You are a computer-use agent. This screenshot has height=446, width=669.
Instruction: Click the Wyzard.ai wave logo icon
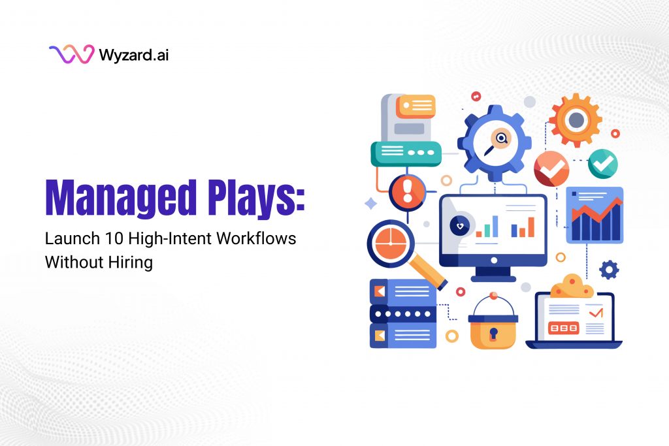point(71,54)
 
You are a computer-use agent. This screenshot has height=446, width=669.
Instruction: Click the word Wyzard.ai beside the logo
point(135,54)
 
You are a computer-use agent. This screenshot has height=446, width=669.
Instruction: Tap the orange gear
point(575,119)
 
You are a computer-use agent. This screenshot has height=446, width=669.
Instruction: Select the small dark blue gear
point(609,269)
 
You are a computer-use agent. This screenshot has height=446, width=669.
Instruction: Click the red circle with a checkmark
point(551,168)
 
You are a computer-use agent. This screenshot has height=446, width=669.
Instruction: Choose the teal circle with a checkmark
point(602,163)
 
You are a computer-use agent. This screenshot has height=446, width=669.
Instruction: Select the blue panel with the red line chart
point(595,215)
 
